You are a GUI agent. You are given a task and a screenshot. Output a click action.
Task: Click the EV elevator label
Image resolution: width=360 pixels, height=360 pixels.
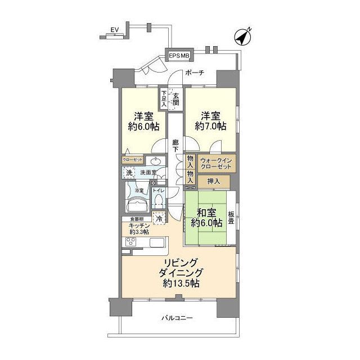115,29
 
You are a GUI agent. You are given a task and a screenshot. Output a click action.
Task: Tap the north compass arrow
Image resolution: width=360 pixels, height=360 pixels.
242,38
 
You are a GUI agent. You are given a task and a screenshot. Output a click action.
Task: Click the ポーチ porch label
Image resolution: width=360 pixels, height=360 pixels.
195,73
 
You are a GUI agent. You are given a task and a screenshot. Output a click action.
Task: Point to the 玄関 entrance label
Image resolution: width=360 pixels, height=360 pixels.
177,99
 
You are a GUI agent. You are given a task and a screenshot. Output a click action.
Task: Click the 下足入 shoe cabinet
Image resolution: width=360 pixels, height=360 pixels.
164,98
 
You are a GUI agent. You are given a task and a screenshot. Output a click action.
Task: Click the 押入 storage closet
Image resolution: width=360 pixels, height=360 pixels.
214,182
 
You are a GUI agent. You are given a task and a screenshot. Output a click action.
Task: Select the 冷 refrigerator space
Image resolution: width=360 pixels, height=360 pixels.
159,218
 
